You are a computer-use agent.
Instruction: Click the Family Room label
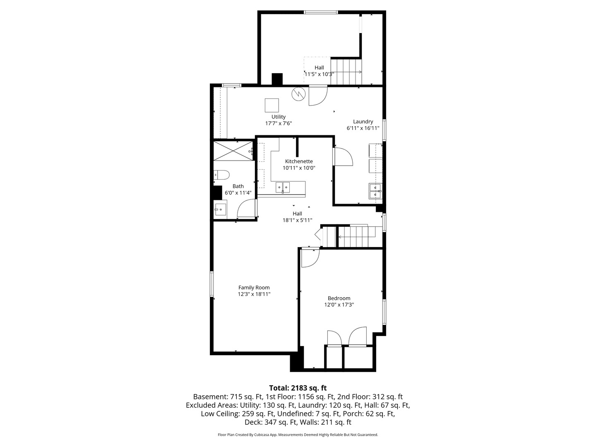click(254, 287)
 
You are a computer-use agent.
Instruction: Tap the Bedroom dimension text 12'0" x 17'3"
click(339, 305)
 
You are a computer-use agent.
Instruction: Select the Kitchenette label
click(299, 161)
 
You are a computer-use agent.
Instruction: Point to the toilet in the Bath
click(221, 175)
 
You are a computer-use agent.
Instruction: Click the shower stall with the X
click(233, 151)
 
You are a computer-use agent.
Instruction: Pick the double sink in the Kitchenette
click(283, 187)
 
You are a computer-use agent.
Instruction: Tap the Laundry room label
click(363, 122)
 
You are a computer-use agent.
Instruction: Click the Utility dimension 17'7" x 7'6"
click(278, 123)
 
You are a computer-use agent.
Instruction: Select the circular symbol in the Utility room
click(299, 94)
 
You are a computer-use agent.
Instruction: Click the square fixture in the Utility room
click(272, 105)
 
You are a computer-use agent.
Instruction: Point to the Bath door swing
click(247, 208)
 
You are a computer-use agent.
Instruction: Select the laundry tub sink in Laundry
click(375, 191)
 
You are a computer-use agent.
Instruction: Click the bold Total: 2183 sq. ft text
click(298, 388)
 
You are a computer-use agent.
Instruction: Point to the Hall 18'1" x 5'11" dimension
click(297, 220)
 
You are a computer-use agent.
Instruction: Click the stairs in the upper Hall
click(346, 72)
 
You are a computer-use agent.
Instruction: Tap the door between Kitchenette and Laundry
click(343, 156)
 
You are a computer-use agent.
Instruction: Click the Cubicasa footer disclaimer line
click(298, 435)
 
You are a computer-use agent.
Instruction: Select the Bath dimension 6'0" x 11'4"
click(238, 193)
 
